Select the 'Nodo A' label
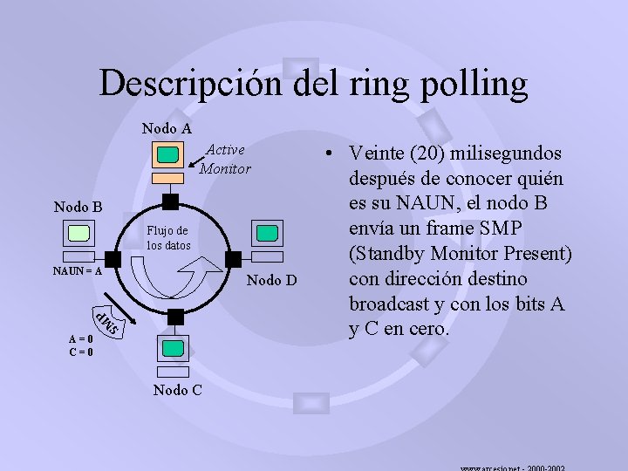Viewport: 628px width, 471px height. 167,128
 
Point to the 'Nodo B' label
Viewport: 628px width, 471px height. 78,207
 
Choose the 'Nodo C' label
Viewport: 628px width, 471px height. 178,390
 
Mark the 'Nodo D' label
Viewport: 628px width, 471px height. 272,280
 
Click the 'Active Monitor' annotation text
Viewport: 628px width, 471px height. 225,160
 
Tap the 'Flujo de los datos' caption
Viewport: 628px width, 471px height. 167,238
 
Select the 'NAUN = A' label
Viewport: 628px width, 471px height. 77,270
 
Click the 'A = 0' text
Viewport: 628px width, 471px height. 84,340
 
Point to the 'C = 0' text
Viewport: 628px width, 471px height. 84,352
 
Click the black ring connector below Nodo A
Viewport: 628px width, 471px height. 170,201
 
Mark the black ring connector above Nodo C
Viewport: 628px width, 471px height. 175,316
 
